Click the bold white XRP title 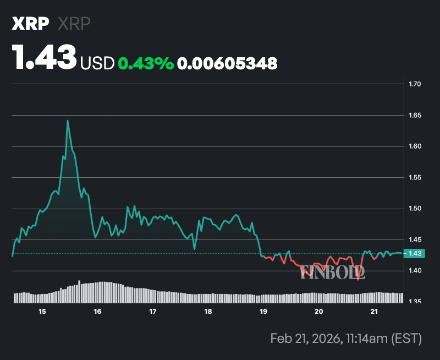click(x=30, y=24)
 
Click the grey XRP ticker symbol click(x=74, y=24)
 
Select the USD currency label click(x=97, y=63)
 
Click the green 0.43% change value click(x=146, y=63)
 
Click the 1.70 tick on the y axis click(x=415, y=84)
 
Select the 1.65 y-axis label click(x=415, y=116)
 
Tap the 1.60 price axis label click(x=415, y=146)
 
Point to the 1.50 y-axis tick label click(x=415, y=209)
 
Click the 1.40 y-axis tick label click(x=415, y=271)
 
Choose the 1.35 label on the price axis click(x=415, y=302)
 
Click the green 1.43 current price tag click(x=414, y=253)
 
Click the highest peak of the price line click(x=68, y=121)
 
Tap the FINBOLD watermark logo click(x=333, y=271)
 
